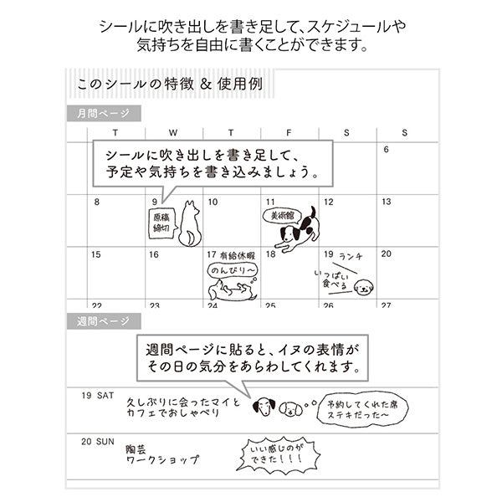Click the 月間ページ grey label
[104, 113]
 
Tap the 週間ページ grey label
[104, 321]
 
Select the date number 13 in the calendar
[387, 202]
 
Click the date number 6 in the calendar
[386, 150]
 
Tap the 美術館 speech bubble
[282, 216]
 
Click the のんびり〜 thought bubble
[232, 271]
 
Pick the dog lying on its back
[233, 290]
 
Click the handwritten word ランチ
[351, 256]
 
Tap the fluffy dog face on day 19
[364, 286]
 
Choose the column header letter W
[173, 132]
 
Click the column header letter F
[289, 132]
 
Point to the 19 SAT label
[97, 396]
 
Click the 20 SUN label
[98, 442]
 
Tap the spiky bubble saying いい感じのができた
[278, 454]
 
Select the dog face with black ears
[264, 407]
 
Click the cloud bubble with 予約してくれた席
[362, 409]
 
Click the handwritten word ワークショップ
[162, 460]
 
